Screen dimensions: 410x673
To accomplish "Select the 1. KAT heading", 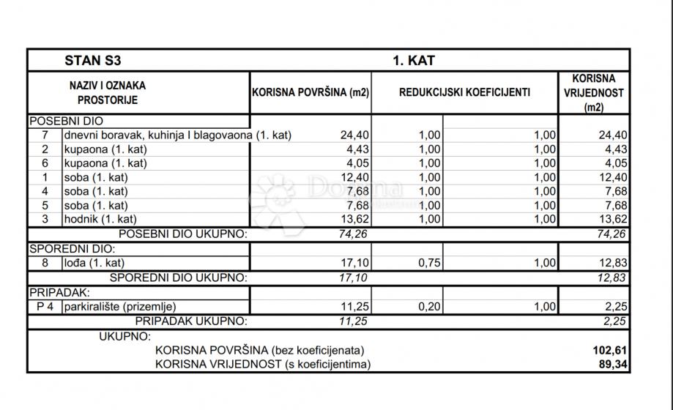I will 414,60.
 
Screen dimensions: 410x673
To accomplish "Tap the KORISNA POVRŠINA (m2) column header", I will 311,93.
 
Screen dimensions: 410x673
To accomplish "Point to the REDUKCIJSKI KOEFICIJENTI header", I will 464,93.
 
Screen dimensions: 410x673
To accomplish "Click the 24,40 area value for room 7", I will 353,135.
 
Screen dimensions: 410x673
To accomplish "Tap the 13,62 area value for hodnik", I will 353,219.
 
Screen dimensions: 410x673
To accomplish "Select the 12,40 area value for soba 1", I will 353,177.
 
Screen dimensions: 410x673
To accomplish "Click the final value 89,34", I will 613,364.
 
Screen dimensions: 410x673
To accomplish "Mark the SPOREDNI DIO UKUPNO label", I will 178,277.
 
